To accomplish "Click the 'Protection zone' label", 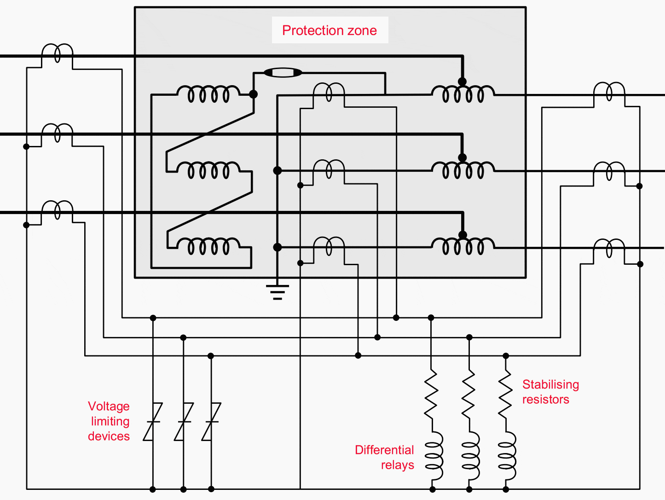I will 330,30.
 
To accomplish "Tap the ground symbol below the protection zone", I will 277,292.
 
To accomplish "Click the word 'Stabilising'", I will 550,384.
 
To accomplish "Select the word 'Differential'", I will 384,450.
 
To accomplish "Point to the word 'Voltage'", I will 109,406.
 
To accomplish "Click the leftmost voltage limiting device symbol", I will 153,421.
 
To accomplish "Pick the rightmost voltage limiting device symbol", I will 211,421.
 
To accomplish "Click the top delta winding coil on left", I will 208,94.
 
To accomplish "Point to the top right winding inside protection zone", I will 463,94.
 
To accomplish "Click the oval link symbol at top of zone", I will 283,72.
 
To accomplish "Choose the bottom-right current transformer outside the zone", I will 609,249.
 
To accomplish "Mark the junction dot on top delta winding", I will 253,94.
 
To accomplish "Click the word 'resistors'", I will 545,399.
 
